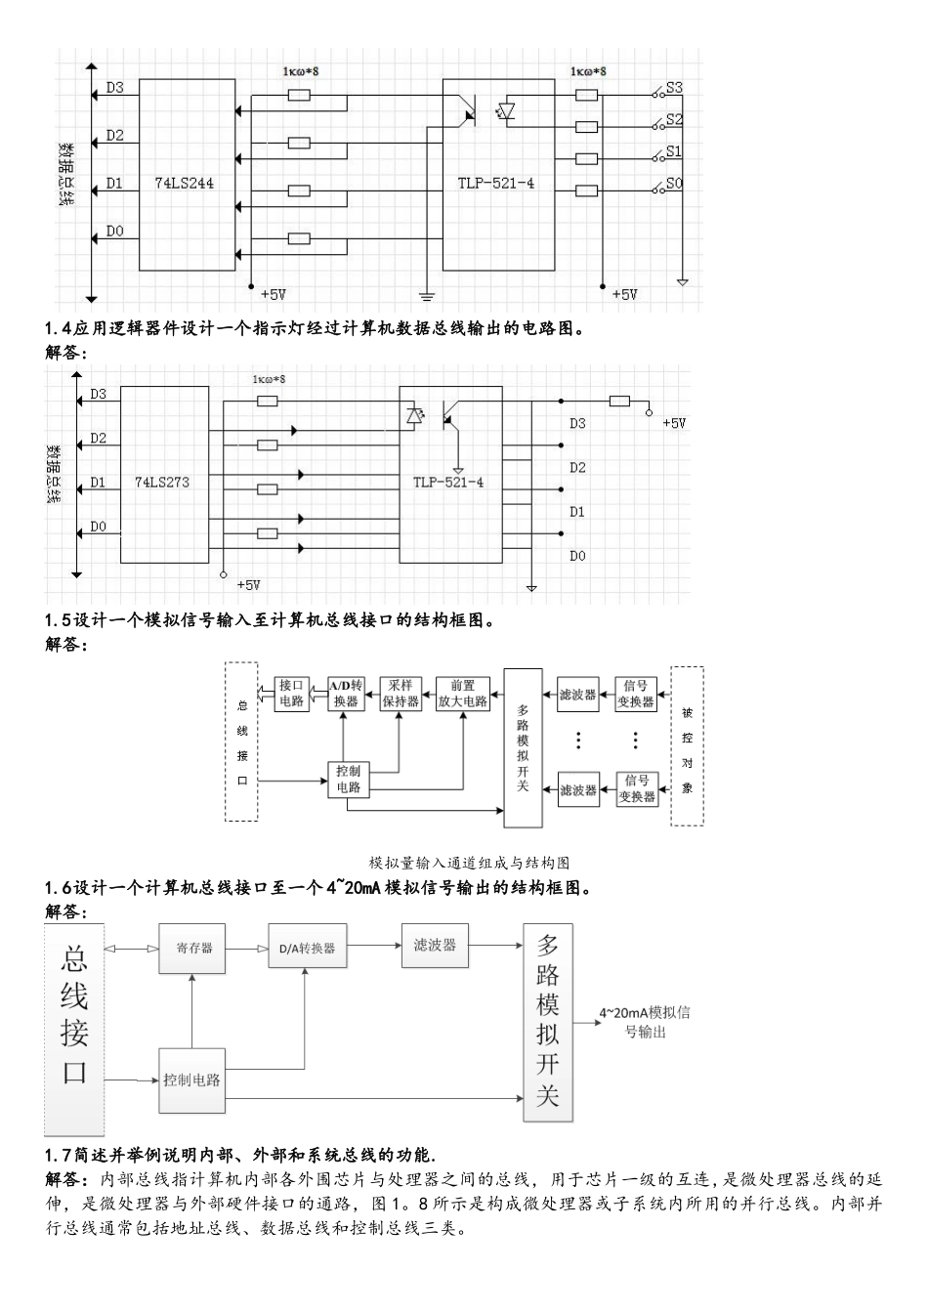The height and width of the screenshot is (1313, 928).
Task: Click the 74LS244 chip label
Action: click(185, 183)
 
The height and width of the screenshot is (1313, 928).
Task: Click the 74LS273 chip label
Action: click(162, 482)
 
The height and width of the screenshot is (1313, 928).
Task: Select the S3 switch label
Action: click(674, 87)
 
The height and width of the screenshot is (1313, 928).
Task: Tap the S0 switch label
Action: click(674, 184)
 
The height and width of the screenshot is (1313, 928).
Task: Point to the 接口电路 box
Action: click(291, 693)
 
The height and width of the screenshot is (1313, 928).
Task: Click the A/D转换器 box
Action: click(344, 693)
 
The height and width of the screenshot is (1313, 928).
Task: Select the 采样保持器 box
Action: click(401, 693)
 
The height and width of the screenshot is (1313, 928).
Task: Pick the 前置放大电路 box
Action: click(462, 693)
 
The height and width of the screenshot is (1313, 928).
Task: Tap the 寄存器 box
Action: click(193, 947)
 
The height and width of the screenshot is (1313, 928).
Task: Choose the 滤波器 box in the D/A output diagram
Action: click(435, 945)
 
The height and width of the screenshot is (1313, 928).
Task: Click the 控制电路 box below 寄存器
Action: click(192, 1080)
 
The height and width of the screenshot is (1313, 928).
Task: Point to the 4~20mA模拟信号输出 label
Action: click(644, 1021)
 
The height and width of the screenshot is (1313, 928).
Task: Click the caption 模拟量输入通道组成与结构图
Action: click(469, 863)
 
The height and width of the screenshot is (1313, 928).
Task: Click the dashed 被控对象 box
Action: click(687, 747)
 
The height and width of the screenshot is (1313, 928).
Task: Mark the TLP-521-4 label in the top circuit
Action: click(496, 183)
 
